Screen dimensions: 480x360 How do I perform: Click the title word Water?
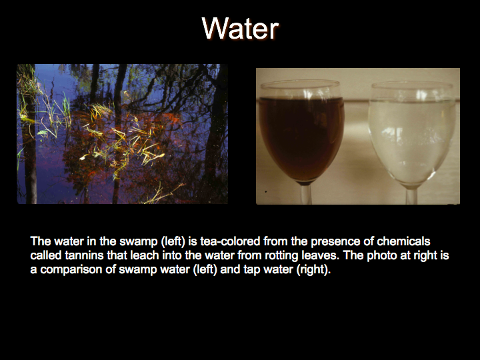click(240, 28)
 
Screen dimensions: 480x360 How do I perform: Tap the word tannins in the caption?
click(84, 255)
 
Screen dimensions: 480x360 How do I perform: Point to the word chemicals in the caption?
click(403, 241)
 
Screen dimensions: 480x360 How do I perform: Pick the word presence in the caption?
click(335, 241)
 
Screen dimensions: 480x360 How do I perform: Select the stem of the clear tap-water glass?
click(412, 196)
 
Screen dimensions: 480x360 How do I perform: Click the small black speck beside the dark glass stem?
click(266, 191)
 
